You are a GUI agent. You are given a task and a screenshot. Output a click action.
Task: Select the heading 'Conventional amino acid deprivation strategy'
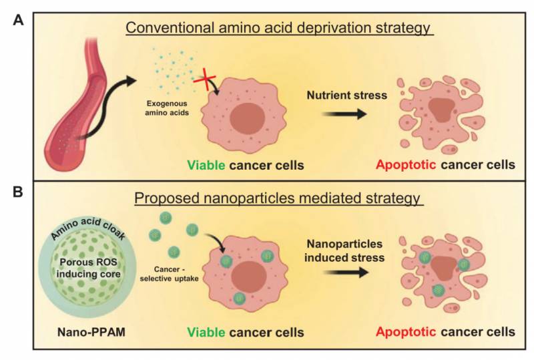pos(280,29)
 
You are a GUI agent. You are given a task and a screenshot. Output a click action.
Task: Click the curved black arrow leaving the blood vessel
pos(103,110)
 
